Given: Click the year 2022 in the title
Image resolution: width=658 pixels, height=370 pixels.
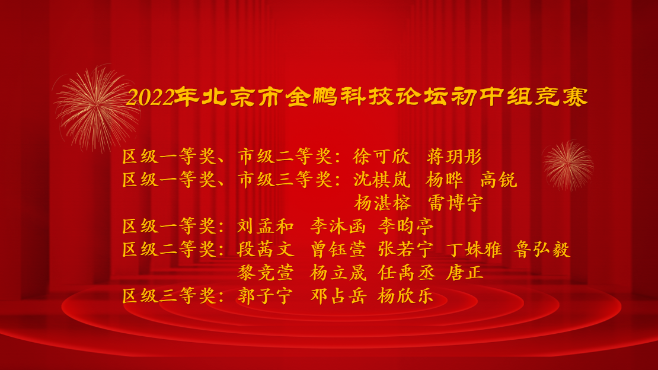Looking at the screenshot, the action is pos(151,98).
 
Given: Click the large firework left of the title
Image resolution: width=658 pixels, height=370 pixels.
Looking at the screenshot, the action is pos(97,109).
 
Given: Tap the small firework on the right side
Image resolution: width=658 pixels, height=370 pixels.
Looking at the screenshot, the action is pos(568,165).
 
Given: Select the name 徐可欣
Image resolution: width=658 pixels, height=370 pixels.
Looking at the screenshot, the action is pos(381,157).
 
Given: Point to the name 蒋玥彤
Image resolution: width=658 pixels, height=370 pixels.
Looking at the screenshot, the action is pos(454,157).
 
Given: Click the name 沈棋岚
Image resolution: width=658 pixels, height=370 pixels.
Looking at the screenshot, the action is pos(381,180).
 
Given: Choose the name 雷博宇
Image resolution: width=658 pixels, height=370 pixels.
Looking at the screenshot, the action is pos(455,203).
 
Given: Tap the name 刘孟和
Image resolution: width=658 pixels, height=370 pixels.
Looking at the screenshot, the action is pos(265,227).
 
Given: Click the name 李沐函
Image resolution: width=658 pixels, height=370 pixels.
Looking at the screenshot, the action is pos(338,227).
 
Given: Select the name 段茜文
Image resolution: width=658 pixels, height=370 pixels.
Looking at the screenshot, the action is pos(265,250).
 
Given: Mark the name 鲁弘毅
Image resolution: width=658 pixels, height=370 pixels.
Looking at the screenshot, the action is pos(542,250).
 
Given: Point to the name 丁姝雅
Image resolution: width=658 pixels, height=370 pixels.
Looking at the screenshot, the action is pos(474,250).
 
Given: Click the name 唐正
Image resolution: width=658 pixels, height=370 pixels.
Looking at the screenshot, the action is pos(465,273).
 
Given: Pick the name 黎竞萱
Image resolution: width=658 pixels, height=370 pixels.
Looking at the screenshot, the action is pos(265,273).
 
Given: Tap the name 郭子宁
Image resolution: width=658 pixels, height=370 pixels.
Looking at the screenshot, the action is pos(265,296).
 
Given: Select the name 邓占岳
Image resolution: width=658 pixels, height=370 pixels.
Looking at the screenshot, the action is pos(338,296).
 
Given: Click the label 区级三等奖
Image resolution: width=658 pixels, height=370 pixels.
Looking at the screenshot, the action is pos(169,296).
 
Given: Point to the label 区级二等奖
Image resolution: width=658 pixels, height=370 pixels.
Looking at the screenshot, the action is pos(169,250).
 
